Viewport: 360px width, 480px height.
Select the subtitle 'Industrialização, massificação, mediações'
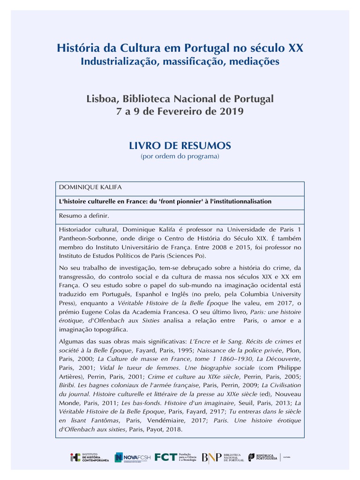point(180,61)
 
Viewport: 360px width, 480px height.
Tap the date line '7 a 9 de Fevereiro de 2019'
point(180,112)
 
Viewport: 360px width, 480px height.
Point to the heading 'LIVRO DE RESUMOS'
point(180,146)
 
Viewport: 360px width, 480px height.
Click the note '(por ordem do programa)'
point(180,156)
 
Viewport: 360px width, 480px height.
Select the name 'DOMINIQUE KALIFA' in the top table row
point(90,187)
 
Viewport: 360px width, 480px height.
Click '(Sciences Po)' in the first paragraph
point(186,255)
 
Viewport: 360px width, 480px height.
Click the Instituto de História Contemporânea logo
point(89,457)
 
